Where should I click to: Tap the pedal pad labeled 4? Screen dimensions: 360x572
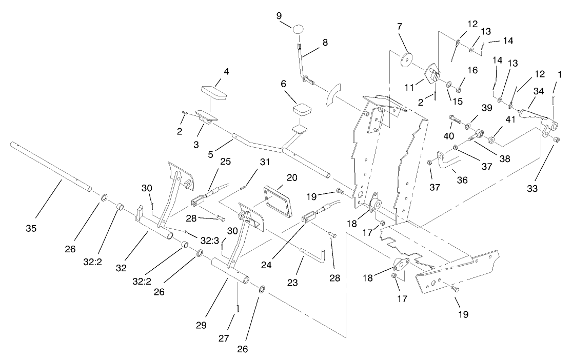214,94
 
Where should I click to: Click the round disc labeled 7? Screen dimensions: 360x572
407,59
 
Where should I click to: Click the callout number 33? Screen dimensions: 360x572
532,188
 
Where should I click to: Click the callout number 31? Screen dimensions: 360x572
264,163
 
